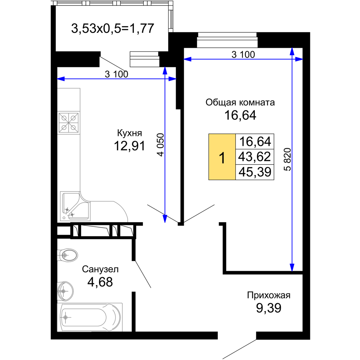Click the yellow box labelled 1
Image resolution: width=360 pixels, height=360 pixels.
coord(222,157)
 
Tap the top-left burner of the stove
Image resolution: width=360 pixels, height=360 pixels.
coord(64,118)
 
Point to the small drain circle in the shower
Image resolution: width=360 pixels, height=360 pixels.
coord(64,217)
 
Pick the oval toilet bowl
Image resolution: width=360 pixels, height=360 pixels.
coord(70,255)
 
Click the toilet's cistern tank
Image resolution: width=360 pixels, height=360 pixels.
coord(59,255)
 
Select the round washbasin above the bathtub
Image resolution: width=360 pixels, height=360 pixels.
coord(66,291)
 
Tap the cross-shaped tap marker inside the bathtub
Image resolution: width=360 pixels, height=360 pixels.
coord(66,318)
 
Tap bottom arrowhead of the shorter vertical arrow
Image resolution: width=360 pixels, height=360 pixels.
coord(165,219)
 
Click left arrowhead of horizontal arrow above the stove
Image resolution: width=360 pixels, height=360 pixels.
coord(60,78)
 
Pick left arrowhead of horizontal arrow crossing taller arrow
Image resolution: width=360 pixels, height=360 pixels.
coord(187,59)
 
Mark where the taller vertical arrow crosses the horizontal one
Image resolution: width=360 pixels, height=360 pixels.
coord(292,59)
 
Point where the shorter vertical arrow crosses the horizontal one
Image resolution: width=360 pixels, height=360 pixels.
coord(165,78)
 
